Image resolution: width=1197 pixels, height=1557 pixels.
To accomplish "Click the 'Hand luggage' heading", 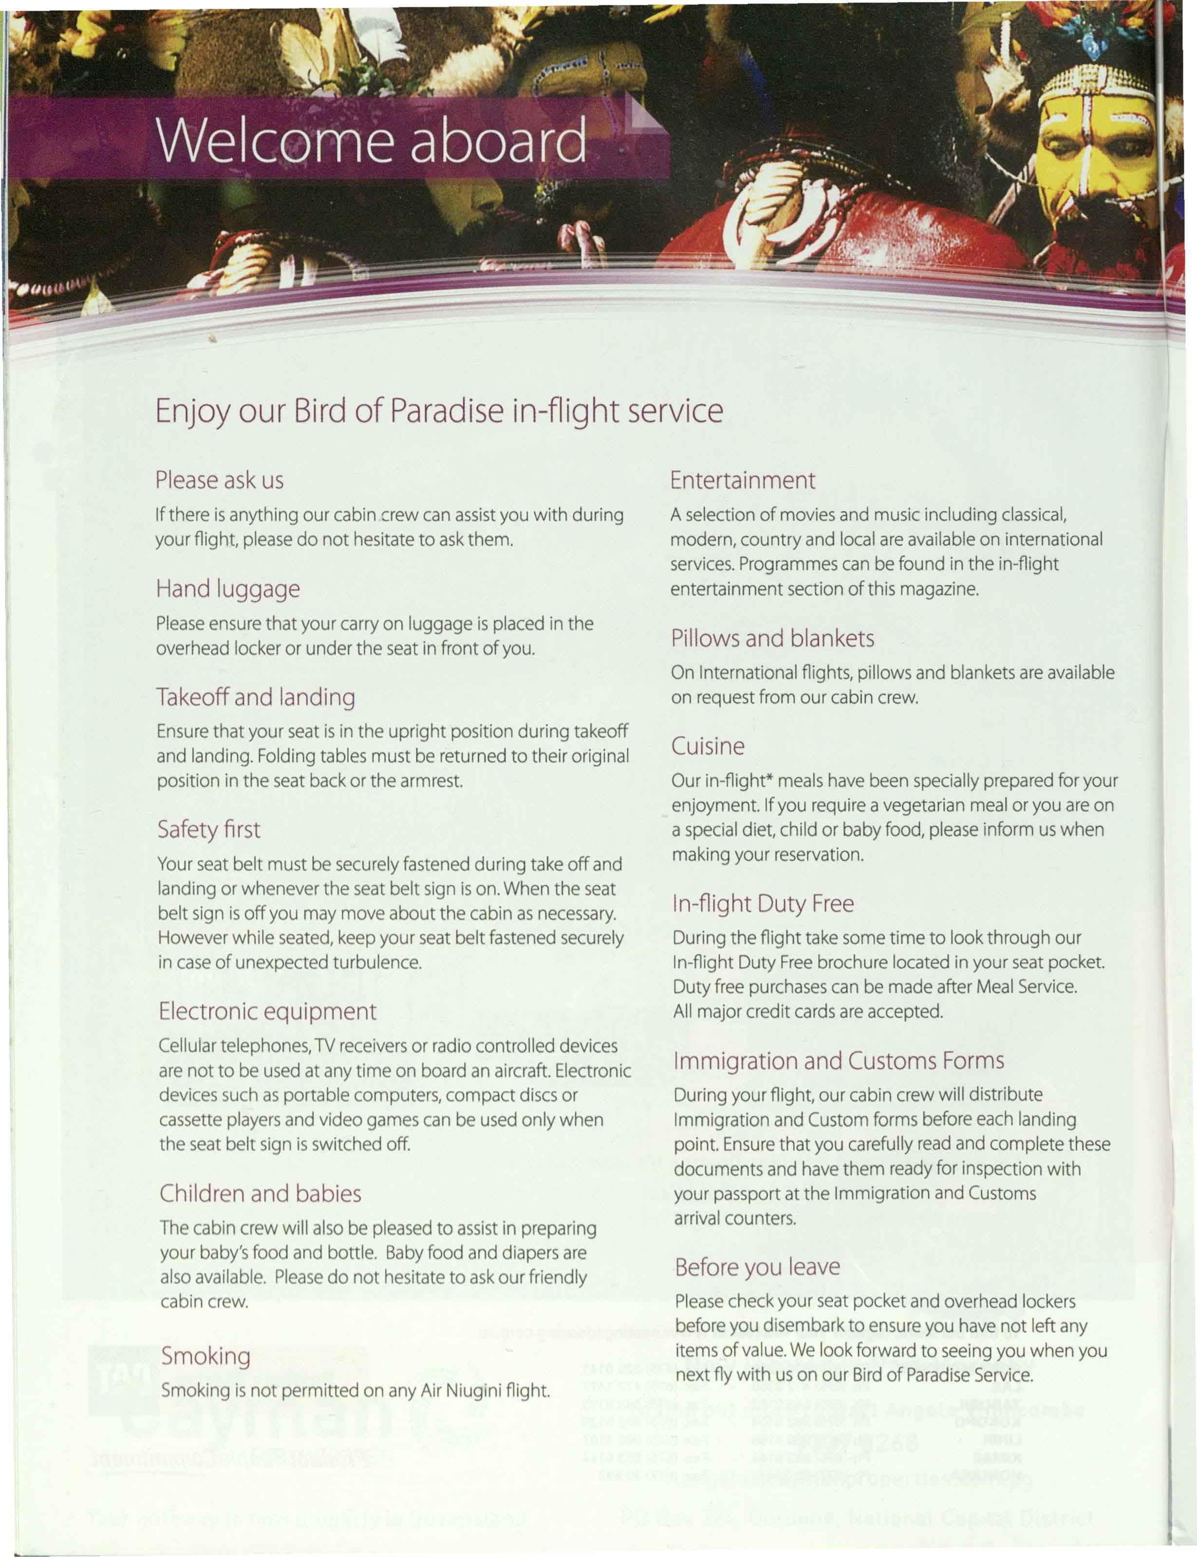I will tap(228, 589).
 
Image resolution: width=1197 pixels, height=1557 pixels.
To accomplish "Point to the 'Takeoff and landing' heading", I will tap(256, 697).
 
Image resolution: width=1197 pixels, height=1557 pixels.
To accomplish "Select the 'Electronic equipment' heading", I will tap(267, 1011).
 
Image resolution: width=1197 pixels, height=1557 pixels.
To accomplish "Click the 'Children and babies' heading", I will tap(260, 1194).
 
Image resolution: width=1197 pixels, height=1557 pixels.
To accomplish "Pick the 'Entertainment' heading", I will tap(743, 480).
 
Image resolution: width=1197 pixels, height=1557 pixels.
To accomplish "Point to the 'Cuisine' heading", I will tap(708, 746).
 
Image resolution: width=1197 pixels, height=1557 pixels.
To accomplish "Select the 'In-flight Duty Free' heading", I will tap(763, 904).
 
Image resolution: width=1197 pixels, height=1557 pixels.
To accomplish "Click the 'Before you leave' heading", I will tap(757, 1267).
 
